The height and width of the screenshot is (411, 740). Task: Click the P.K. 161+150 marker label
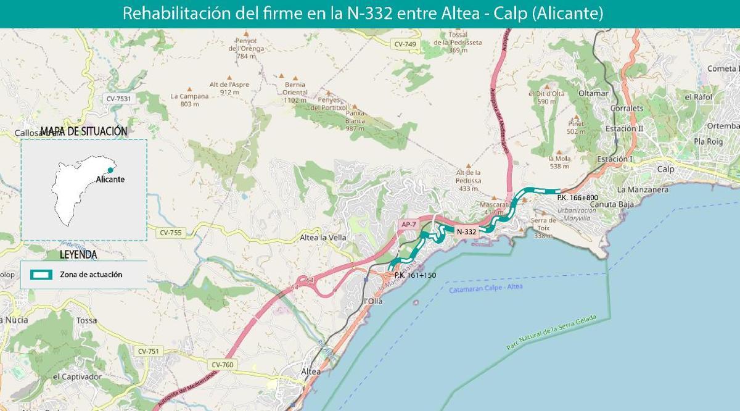pos(414,275)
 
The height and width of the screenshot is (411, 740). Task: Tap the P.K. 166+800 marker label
pos(577,198)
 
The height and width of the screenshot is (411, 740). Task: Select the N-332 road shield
pos(466,231)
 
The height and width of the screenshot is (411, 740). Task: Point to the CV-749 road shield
pos(405,44)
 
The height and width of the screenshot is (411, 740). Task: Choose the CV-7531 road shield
pos(118,98)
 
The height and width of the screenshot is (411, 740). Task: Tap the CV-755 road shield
pos(171,233)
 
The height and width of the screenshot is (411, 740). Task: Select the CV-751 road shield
pos(148,351)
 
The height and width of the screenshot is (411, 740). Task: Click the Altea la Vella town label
pos(323,238)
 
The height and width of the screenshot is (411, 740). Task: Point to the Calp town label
pos(666,169)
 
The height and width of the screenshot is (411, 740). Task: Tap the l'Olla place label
pos(373,301)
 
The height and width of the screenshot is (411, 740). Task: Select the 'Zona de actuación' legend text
pos(91,275)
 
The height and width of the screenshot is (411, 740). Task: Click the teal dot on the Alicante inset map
pos(110,170)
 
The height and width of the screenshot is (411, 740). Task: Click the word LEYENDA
pos(78,254)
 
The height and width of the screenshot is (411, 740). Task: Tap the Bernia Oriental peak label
pos(295,93)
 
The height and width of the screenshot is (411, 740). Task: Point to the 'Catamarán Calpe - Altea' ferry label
pos(486,289)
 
